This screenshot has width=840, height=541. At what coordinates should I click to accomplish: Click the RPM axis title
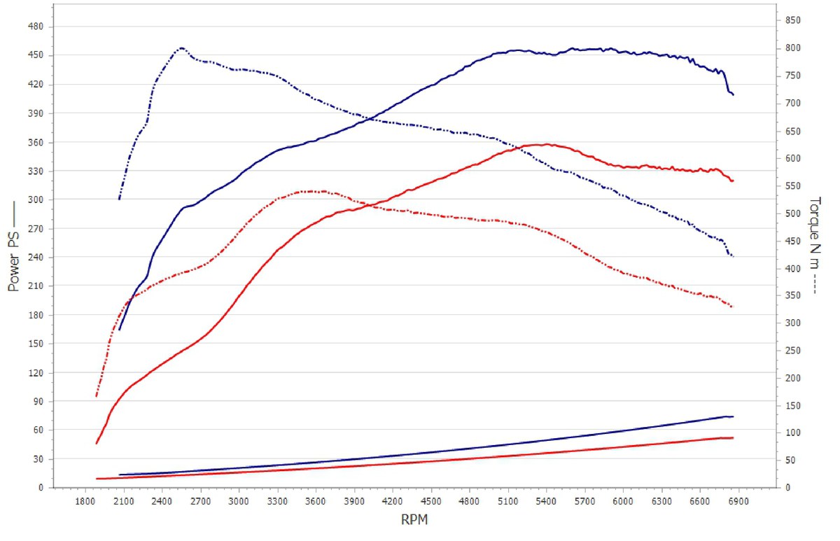(x=414, y=519)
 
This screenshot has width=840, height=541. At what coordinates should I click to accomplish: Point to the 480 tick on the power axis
(x=36, y=27)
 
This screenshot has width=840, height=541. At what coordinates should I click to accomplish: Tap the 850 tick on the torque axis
(x=793, y=20)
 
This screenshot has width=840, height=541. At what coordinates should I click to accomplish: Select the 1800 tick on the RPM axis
(x=85, y=502)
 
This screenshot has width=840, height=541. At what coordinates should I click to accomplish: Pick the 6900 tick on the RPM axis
(x=738, y=502)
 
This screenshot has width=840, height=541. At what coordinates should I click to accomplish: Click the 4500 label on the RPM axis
(x=431, y=502)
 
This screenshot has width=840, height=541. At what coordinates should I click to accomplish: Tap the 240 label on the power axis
(x=36, y=257)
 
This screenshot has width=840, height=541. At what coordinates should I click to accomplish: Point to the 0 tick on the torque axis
(x=788, y=487)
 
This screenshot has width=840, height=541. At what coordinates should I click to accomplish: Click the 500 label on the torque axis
(x=793, y=213)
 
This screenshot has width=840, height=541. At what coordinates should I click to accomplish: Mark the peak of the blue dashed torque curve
(x=182, y=48)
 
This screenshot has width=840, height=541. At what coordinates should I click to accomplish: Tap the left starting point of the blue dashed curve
(x=119, y=199)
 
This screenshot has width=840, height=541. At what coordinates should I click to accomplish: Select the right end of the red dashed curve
(x=732, y=307)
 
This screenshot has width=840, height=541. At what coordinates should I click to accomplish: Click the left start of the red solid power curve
(x=97, y=444)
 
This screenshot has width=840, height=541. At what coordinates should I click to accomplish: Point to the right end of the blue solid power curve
(x=733, y=95)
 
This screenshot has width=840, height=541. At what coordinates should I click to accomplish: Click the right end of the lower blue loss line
(x=733, y=416)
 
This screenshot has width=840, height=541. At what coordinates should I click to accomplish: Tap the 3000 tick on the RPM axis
(x=239, y=502)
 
